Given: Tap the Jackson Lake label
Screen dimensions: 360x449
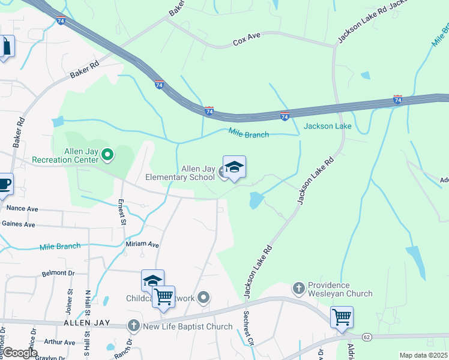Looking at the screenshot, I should tap(327, 126).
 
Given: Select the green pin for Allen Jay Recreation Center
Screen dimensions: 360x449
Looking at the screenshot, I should tap(107, 155).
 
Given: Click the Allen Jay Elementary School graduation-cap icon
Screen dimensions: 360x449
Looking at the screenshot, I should tap(234, 168).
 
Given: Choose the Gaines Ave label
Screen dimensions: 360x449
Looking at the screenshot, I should tap(19, 224).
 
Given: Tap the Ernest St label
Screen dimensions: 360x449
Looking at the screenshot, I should tap(121, 212).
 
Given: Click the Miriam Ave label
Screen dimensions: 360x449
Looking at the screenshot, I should tap(142, 244).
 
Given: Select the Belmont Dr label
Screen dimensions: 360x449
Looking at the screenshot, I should tap(58, 272).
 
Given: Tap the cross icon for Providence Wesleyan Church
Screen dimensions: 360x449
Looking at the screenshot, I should tap(299, 288).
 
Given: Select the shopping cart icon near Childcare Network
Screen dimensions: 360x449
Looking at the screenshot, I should tap(163, 297).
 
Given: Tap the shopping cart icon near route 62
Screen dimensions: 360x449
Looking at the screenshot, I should tap(342, 317).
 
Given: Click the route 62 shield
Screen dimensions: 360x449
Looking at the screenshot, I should tap(367, 337).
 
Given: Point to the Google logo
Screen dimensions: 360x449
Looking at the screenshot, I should tap(19, 353).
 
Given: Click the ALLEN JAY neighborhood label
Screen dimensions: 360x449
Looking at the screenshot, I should tap(86, 323).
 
